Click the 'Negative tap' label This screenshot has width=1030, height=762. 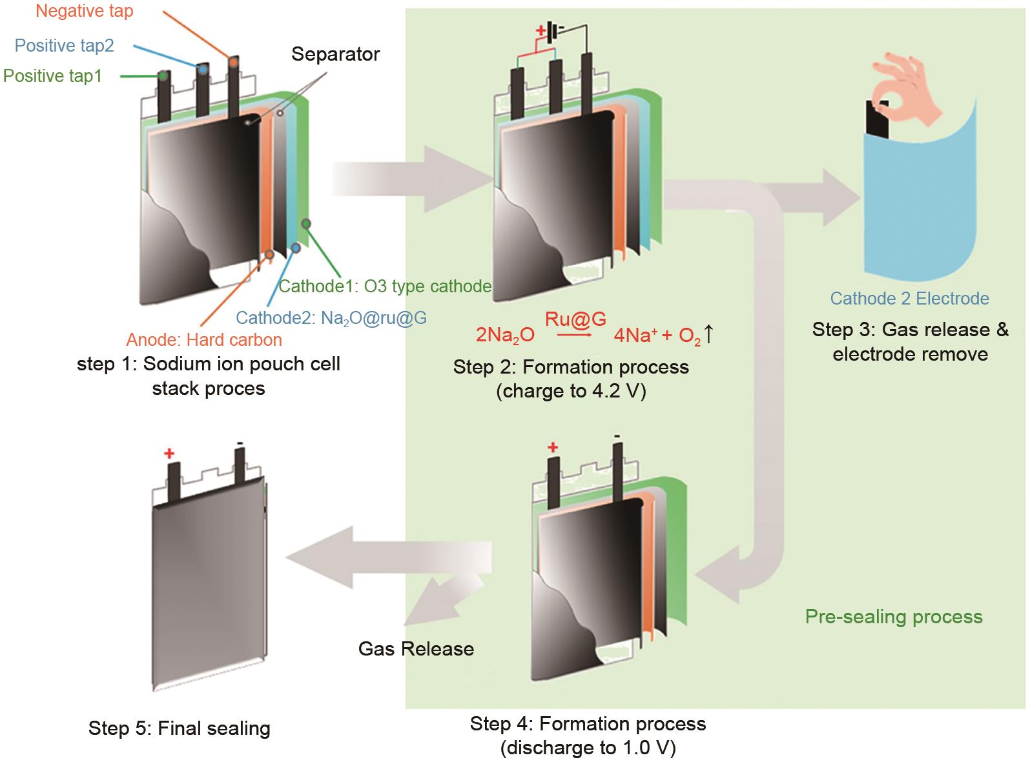85,12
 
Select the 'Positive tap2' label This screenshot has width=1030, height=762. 65,46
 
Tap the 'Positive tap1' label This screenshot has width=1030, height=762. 53,76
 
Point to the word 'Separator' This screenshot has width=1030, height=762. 335,54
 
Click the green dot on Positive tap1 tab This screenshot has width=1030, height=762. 164,76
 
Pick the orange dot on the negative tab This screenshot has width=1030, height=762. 232,61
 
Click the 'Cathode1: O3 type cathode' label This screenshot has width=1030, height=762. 385,286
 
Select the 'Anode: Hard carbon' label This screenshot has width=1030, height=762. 204,340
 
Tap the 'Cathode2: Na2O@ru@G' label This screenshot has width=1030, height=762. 331,318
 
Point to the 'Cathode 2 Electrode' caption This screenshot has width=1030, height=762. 909,299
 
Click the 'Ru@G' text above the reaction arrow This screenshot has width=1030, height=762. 575,319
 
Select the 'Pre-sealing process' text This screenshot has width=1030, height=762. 894,617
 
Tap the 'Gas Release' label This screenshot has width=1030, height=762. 416,649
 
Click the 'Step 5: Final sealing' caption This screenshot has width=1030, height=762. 180,728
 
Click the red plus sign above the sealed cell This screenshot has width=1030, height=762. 169,454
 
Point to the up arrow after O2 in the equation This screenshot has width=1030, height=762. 708,334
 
